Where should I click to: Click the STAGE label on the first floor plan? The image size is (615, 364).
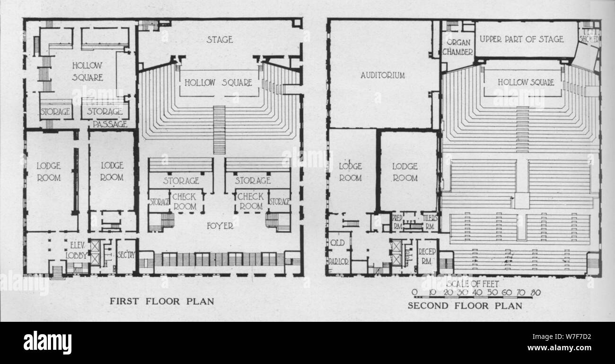[x=220, y=39]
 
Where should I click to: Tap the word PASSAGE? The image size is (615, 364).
[x=110, y=124]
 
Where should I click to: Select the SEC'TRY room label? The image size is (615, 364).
[x=126, y=255]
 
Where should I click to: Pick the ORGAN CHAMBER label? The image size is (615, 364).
[x=457, y=46]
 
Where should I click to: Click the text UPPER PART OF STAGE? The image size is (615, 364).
[x=522, y=39]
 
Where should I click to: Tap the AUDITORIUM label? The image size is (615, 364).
[x=383, y=75]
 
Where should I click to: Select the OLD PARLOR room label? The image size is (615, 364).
[x=339, y=252]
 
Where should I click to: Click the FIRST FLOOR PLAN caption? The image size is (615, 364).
[x=162, y=301]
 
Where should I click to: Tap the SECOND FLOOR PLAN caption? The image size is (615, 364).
[x=465, y=306]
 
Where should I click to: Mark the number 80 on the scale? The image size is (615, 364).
[x=536, y=292]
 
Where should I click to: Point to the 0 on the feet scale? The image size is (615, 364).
[x=414, y=292]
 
